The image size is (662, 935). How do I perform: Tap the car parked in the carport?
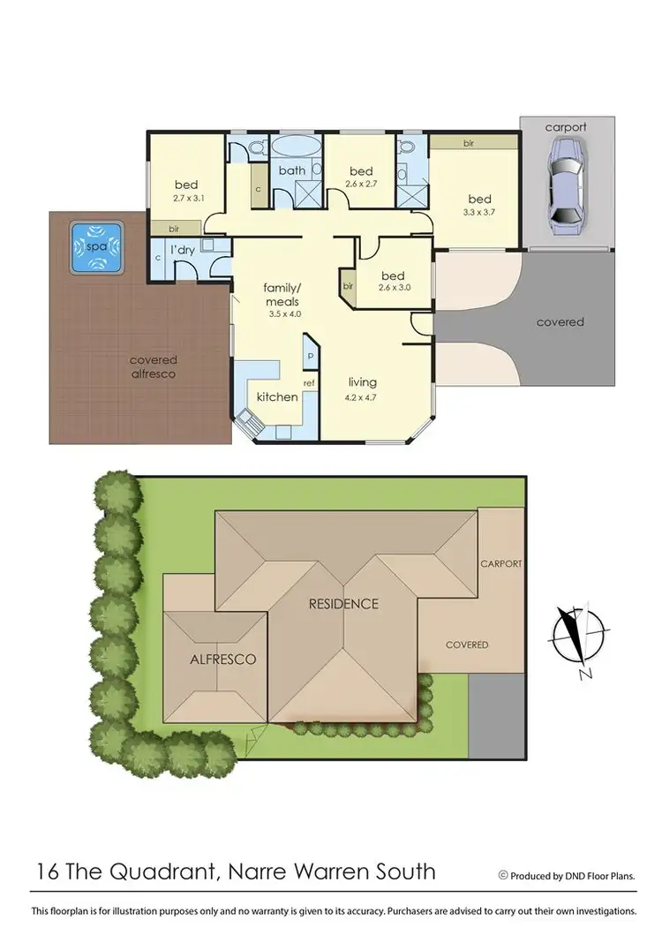click(565, 192)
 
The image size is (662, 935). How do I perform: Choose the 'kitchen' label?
click(277, 396)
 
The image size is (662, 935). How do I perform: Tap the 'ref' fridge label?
click(309, 383)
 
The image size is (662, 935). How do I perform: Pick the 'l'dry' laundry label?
click(183, 250)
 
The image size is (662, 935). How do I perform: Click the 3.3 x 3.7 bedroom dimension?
click(479, 213)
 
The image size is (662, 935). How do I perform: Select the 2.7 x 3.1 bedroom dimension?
click(186, 198)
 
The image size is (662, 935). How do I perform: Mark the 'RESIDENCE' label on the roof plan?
click(343, 604)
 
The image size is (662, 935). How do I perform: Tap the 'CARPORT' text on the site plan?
click(501, 563)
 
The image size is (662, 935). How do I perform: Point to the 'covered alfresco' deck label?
click(153, 366)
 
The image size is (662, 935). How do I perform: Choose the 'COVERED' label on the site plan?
click(467, 645)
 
